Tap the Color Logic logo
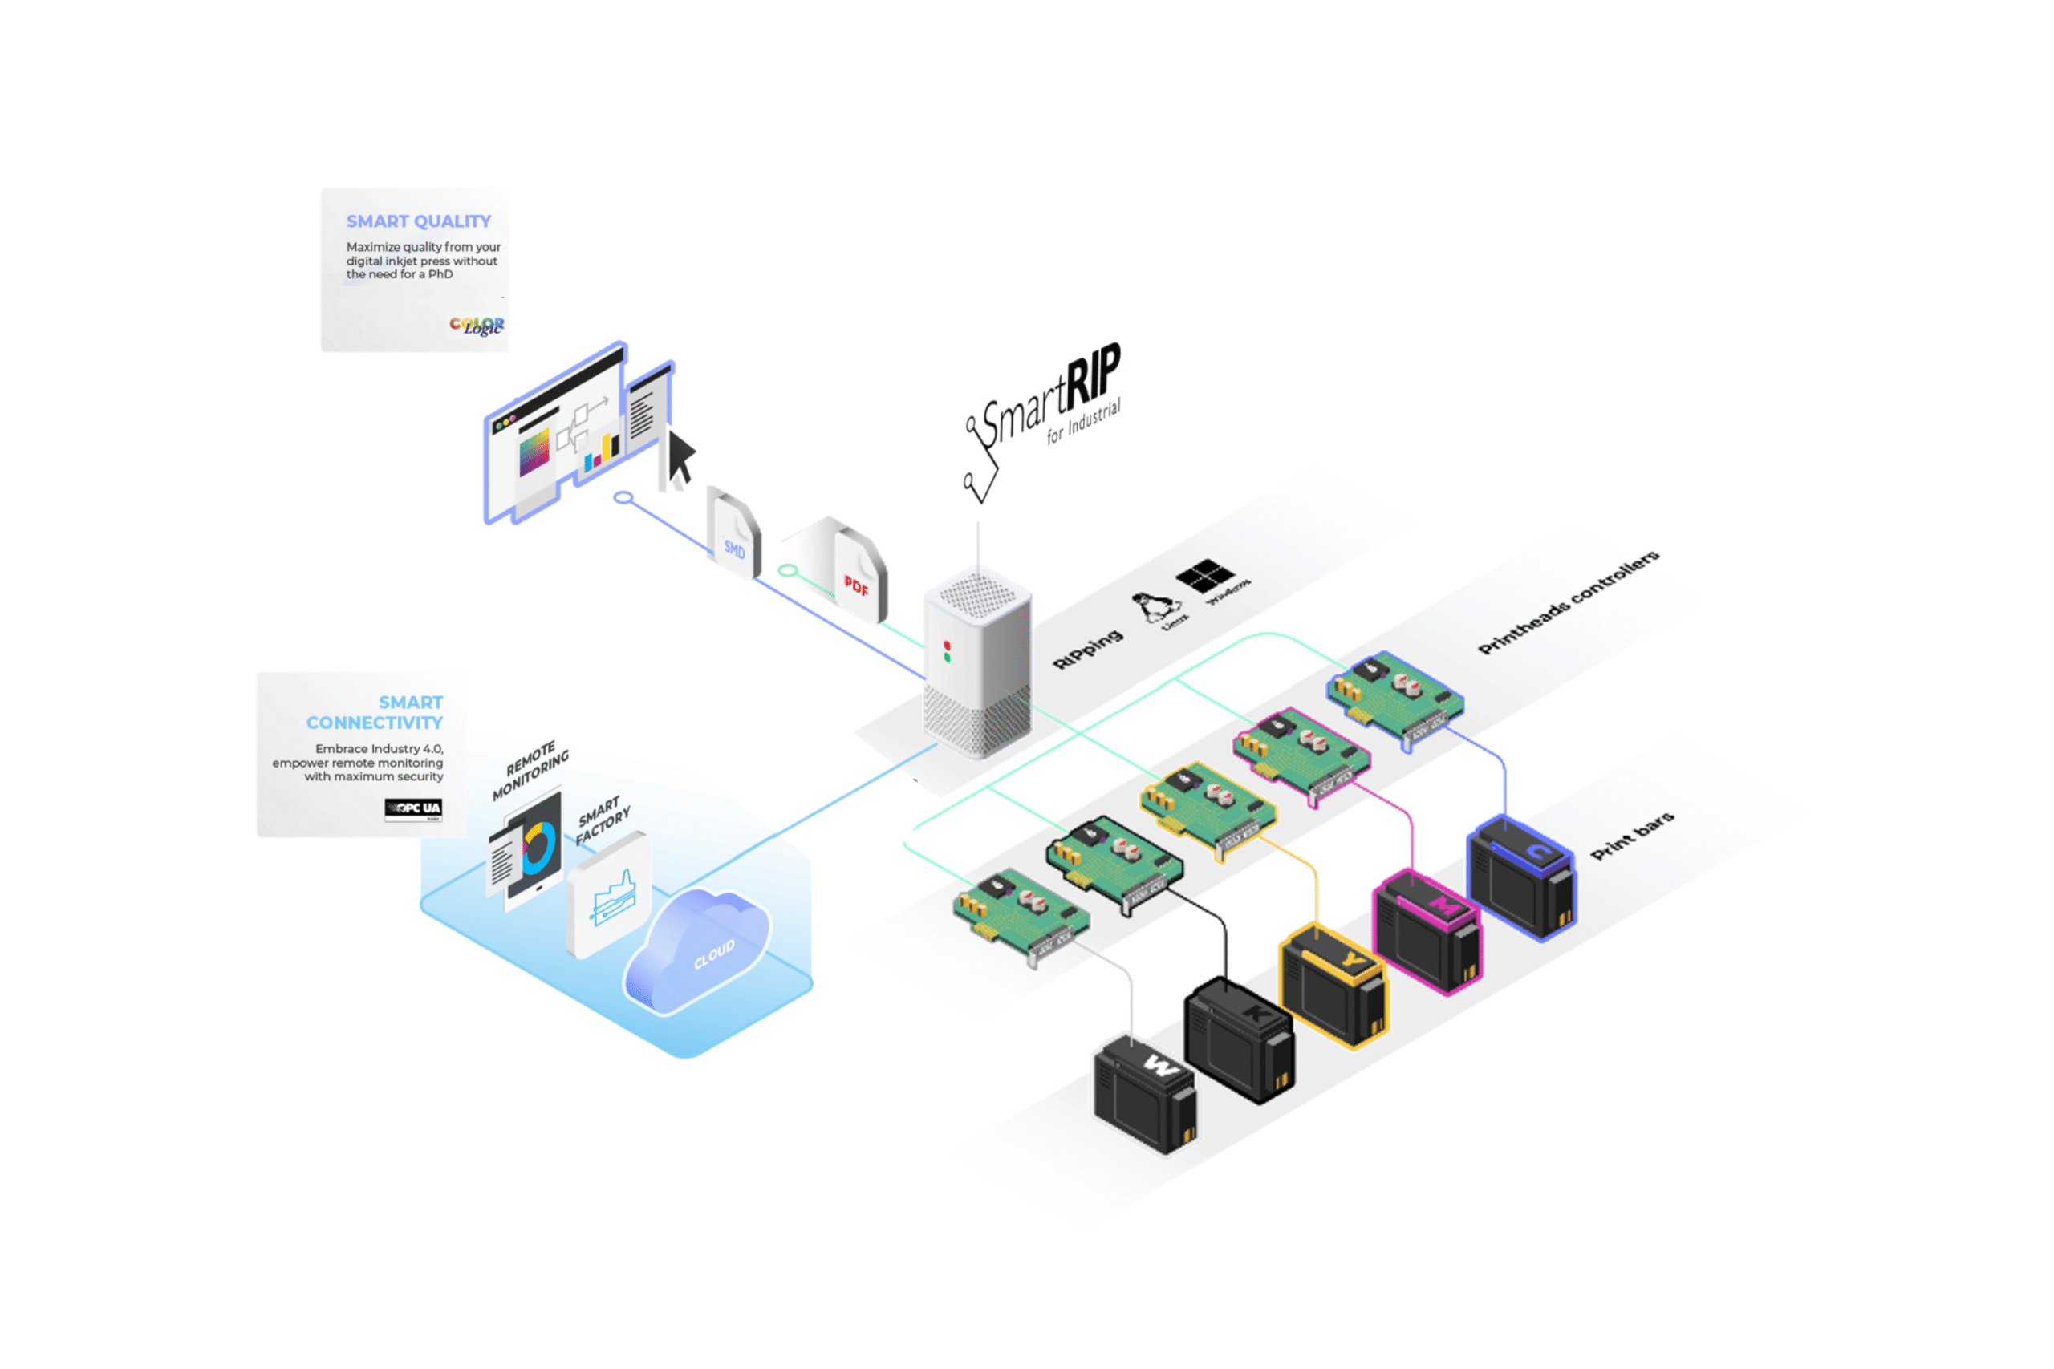pos(477,326)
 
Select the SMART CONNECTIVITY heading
pos(375,712)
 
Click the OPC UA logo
pos(413,808)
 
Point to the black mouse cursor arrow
pos(680,456)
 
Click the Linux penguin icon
pos(1154,607)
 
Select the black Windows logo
pos(1204,575)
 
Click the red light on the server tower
pos(947,646)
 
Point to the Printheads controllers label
pos(1568,601)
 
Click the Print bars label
pos(1631,836)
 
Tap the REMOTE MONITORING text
pos(530,770)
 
